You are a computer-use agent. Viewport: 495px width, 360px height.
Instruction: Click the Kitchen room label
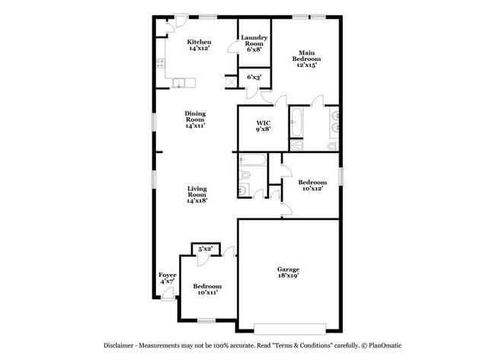point(199,45)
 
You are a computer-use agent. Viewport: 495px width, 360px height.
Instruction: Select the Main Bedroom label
point(305,59)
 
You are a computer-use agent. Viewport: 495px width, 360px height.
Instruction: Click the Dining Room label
point(195,119)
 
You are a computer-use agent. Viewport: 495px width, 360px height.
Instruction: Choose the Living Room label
point(198,194)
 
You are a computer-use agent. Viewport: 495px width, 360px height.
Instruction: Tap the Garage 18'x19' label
point(287,272)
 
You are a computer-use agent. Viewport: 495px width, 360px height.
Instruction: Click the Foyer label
point(168,278)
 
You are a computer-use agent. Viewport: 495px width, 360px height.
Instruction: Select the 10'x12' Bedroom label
point(312,185)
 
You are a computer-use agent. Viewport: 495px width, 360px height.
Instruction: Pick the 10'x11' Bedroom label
point(207,288)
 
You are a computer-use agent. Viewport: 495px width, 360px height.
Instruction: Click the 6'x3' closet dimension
point(254,77)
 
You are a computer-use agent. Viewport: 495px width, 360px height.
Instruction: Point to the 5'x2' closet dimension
point(205,249)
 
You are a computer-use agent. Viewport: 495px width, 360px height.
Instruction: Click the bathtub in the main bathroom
point(297,122)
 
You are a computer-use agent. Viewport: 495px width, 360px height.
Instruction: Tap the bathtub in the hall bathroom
point(251,160)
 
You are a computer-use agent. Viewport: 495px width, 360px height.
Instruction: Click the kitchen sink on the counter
point(178,83)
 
